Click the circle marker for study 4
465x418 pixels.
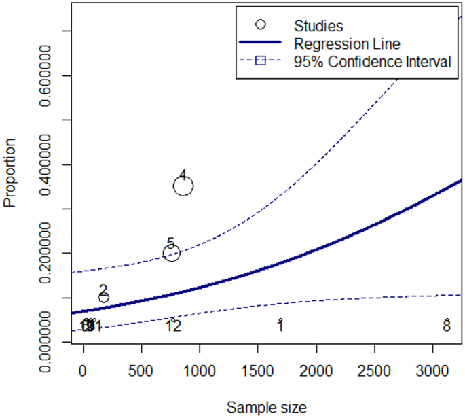click(x=183, y=186)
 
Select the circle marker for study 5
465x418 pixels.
click(x=171, y=253)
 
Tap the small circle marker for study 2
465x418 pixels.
click(x=103, y=297)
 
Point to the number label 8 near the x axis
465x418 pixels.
click(x=447, y=327)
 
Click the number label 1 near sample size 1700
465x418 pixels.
click(x=280, y=327)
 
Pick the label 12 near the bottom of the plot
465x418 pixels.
click(x=173, y=327)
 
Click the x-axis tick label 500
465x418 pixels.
click(x=141, y=371)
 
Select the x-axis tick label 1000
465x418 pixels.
click(x=200, y=371)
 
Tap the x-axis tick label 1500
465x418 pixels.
click(x=258, y=371)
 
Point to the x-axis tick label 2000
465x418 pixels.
click(x=316, y=371)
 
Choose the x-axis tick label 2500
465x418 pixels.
click(x=375, y=371)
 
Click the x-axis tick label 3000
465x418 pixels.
click(x=433, y=371)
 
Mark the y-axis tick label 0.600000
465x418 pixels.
click(x=49, y=76)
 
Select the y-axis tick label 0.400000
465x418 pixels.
click(x=49, y=164)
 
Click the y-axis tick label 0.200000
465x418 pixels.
click(x=49, y=253)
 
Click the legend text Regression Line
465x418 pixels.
click(x=347, y=43)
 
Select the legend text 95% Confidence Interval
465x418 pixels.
click(x=373, y=62)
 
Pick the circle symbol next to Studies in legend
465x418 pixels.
click(x=260, y=24)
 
